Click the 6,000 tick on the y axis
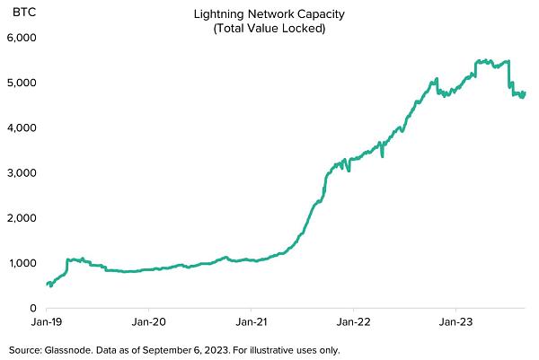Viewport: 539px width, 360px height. [20, 38]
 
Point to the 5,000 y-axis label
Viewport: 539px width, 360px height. [20, 83]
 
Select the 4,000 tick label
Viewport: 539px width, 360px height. [20, 127]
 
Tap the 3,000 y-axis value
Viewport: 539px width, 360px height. [20, 172]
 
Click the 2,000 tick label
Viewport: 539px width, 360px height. [20, 217]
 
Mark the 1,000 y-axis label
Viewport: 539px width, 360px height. [20, 262]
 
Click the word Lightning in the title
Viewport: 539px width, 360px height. [216, 14]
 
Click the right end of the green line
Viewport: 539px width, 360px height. [525, 92]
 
